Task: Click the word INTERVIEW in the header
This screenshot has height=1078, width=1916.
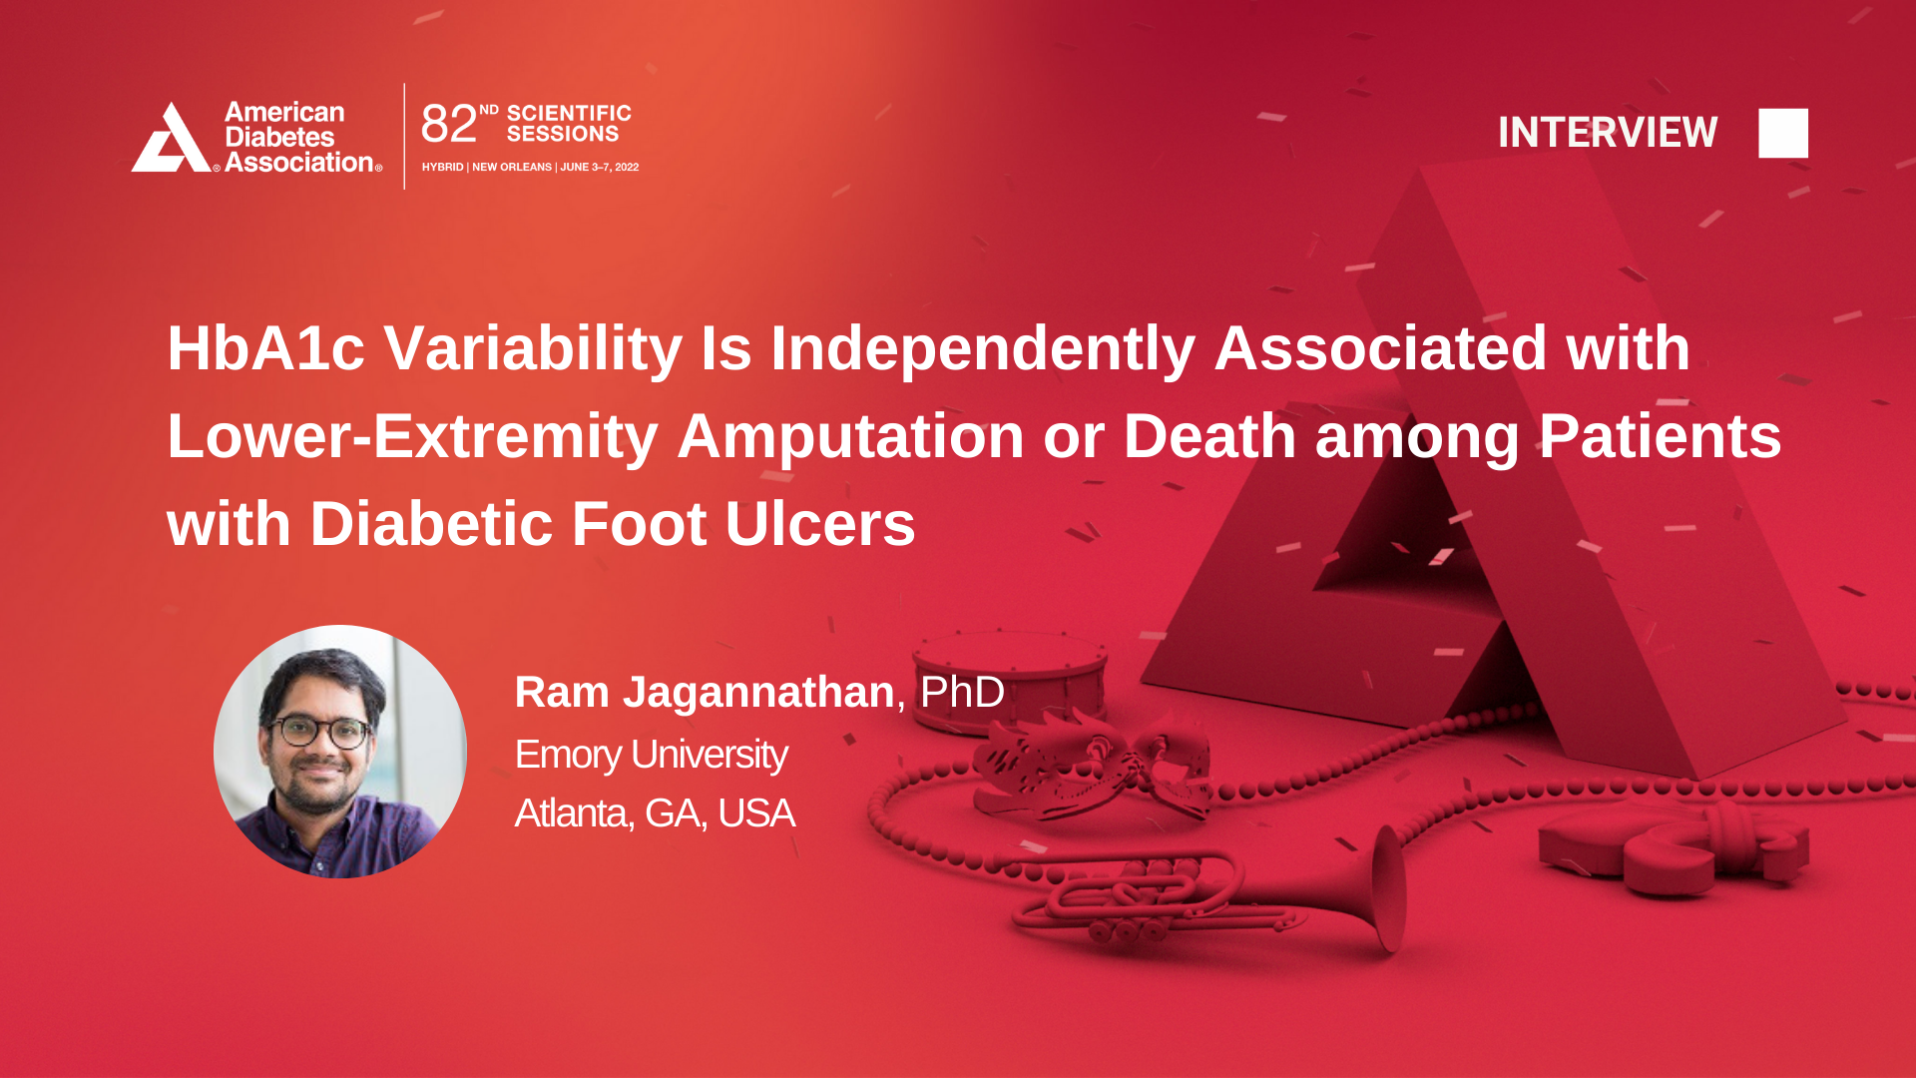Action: pos(1608,133)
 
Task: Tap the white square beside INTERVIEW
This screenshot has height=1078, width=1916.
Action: pos(1783,133)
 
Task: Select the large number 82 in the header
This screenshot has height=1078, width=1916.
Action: pos(449,124)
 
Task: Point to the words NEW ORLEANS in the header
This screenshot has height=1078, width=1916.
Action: pos(512,167)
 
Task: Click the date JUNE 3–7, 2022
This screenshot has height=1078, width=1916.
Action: pos(599,167)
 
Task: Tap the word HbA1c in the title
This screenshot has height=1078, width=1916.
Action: pos(265,348)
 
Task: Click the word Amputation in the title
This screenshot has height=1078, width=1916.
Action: pos(850,436)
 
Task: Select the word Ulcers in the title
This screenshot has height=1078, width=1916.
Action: pos(820,524)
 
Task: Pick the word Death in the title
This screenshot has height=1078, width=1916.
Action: pos(1209,436)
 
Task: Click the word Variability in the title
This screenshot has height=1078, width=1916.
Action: pos(533,348)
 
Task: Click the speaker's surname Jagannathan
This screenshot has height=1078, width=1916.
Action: pos(758,692)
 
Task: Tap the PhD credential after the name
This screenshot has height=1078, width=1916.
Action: pos(962,692)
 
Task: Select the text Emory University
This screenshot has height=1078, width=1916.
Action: pos(651,755)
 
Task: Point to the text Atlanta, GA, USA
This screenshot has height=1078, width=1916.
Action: pos(655,813)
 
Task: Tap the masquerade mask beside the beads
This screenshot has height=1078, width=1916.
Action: pos(1093,764)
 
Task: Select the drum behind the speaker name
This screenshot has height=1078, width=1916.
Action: pos(1008,679)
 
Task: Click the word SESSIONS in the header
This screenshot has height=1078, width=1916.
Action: pos(563,134)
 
